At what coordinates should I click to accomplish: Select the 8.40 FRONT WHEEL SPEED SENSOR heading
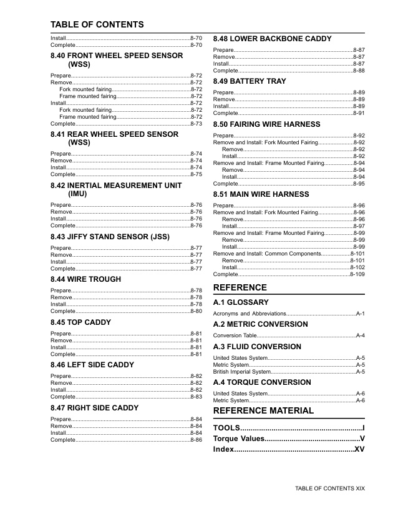click(117, 60)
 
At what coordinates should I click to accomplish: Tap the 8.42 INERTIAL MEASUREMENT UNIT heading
click(116, 190)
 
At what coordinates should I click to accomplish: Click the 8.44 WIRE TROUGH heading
click(85, 279)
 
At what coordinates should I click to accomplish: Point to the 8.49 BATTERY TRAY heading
click(250, 81)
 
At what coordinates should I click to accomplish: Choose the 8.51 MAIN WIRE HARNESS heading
click(261, 194)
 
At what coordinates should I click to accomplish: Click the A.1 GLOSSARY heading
click(241, 302)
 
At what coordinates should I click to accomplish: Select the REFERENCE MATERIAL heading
click(263, 410)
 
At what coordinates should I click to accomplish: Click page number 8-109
click(357, 274)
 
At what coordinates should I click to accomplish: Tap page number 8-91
click(359, 113)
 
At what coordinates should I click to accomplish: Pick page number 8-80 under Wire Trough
click(196, 310)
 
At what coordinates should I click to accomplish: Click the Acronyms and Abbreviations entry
click(250, 314)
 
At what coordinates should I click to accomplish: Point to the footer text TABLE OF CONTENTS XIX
click(329, 488)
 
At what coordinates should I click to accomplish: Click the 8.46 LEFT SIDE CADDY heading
click(92, 365)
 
